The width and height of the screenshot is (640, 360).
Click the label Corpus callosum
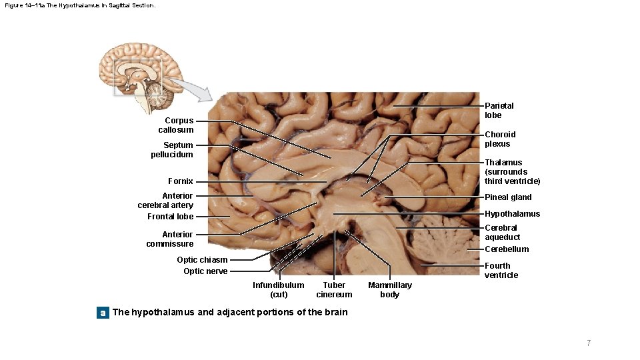[x=176, y=125]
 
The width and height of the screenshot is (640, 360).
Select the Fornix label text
[x=181, y=181]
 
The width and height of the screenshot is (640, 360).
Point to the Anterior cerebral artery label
[x=165, y=201]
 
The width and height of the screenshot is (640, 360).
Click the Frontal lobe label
[x=170, y=217]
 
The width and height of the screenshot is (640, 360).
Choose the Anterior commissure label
[x=169, y=239]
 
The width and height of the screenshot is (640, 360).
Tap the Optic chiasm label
[x=202, y=260]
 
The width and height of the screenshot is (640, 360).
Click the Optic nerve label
[x=205, y=271]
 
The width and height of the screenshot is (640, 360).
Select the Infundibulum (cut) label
[x=278, y=290]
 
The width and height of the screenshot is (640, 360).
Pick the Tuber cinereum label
[x=334, y=290]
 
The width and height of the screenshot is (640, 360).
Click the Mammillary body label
[x=390, y=290]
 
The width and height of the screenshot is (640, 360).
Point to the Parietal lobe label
[x=499, y=111]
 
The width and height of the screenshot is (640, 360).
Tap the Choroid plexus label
[x=500, y=139]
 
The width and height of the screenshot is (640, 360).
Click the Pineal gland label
[x=508, y=197]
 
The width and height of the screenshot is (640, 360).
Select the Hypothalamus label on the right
[x=512, y=214]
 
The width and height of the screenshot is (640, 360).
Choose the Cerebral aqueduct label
[x=502, y=233]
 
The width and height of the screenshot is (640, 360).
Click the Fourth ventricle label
[x=501, y=271]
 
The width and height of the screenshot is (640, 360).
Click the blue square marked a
[x=103, y=312]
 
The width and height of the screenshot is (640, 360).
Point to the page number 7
[x=589, y=343]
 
